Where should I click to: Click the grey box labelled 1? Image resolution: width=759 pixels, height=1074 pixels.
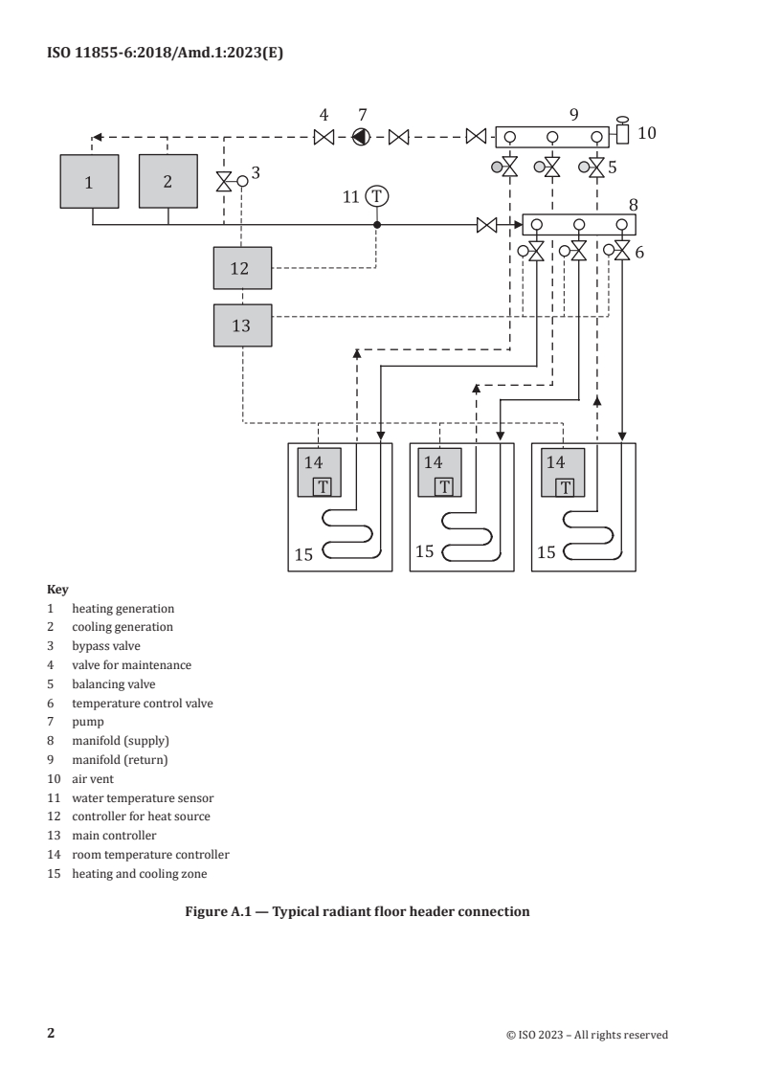click(x=88, y=181)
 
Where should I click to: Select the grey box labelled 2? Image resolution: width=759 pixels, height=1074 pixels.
click(x=167, y=181)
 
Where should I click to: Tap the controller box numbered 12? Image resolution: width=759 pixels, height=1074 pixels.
click(x=240, y=268)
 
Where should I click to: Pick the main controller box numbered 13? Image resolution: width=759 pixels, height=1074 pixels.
click(x=240, y=325)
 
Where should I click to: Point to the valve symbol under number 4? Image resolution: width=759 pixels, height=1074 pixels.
click(x=324, y=137)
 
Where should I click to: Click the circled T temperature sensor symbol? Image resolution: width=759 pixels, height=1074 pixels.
click(x=377, y=196)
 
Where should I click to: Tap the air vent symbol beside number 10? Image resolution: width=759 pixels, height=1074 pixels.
click(x=621, y=132)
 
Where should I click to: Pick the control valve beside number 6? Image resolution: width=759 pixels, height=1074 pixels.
click(x=622, y=252)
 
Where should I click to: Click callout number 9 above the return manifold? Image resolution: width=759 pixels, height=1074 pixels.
click(x=574, y=114)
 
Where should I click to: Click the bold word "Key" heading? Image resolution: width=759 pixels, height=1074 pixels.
click(x=56, y=592)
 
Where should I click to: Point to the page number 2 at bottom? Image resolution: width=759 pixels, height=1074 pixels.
click(x=52, y=1034)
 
